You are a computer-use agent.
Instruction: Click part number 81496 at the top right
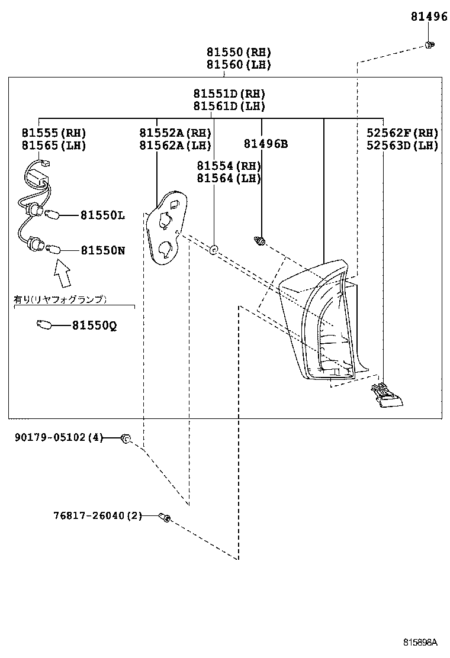point(429,17)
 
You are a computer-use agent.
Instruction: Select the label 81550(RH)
point(239,52)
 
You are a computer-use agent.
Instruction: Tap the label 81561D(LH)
point(229,107)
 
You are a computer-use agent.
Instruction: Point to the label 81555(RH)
point(54,133)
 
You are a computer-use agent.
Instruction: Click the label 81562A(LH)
point(175,146)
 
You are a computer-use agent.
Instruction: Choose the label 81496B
point(265,144)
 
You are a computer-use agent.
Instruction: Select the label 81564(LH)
point(229,178)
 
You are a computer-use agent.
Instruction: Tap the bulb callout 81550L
point(102,216)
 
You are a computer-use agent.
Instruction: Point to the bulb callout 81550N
point(102,250)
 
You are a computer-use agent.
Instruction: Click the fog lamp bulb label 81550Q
point(94,325)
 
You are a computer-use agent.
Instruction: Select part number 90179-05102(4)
point(59,438)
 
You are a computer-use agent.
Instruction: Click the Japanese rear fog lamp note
point(60,299)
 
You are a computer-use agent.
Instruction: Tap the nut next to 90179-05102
point(126,438)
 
